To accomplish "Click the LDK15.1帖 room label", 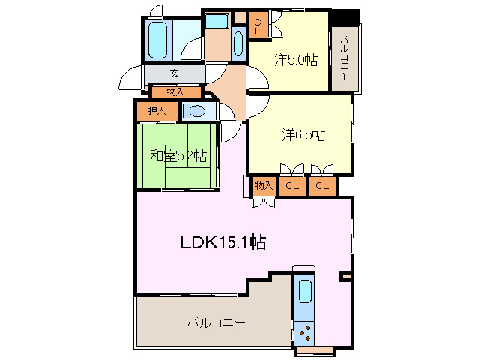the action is pyautogui.click(x=223, y=242).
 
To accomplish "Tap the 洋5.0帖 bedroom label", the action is pyautogui.click(x=296, y=60).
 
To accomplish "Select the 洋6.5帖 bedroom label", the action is pyautogui.click(x=303, y=135).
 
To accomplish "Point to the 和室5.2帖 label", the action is pyautogui.click(x=178, y=156).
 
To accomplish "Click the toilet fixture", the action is pyautogui.click(x=193, y=111).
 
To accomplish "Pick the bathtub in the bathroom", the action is pyautogui.click(x=157, y=40).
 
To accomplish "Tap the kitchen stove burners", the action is pyautogui.click(x=304, y=333).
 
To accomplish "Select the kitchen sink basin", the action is pyautogui.click(x=305, y=291).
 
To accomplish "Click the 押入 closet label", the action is pyautogui.click(x=157, y=111).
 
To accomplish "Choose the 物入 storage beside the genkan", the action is pyautogui.click(x=176, y=91).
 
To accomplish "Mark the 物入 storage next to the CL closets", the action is pyautogui.click(x=264, y=185).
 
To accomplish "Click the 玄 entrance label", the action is pyautogui.click(x=174, y=73).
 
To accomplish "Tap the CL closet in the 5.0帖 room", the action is pyautogui.click(x=258, y=26).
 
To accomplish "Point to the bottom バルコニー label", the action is pyautogui.click(x=216, y=322).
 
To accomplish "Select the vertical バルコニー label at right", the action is pyautogui.click(x=345, y=58).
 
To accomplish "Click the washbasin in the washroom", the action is pyautogui.click(x=238, y=43).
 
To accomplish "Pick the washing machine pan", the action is pyautogui.click(x=217, y=21).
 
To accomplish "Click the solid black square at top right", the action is pyautogui.click(x=345, y=17).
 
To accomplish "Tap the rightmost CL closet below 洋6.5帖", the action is pyautogui.click(x=322, y=185).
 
